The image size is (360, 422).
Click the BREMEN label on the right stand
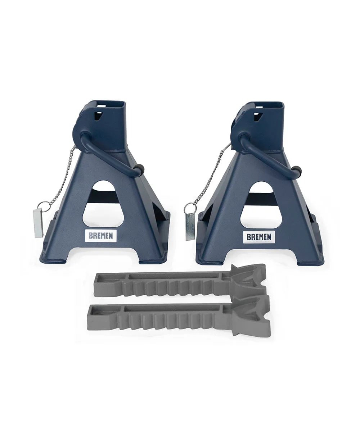[x=259, y=237]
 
